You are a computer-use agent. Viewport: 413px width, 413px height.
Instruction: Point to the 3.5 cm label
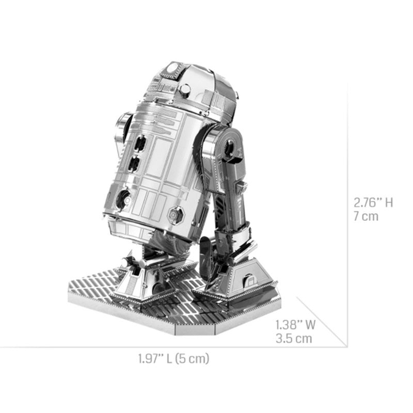pos(293,339)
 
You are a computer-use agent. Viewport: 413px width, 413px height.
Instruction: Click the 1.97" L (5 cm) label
pos(173,358)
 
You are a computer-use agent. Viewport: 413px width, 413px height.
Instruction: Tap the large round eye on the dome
pos(174,67)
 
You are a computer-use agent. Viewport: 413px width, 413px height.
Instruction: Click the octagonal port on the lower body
pos(175,212)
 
